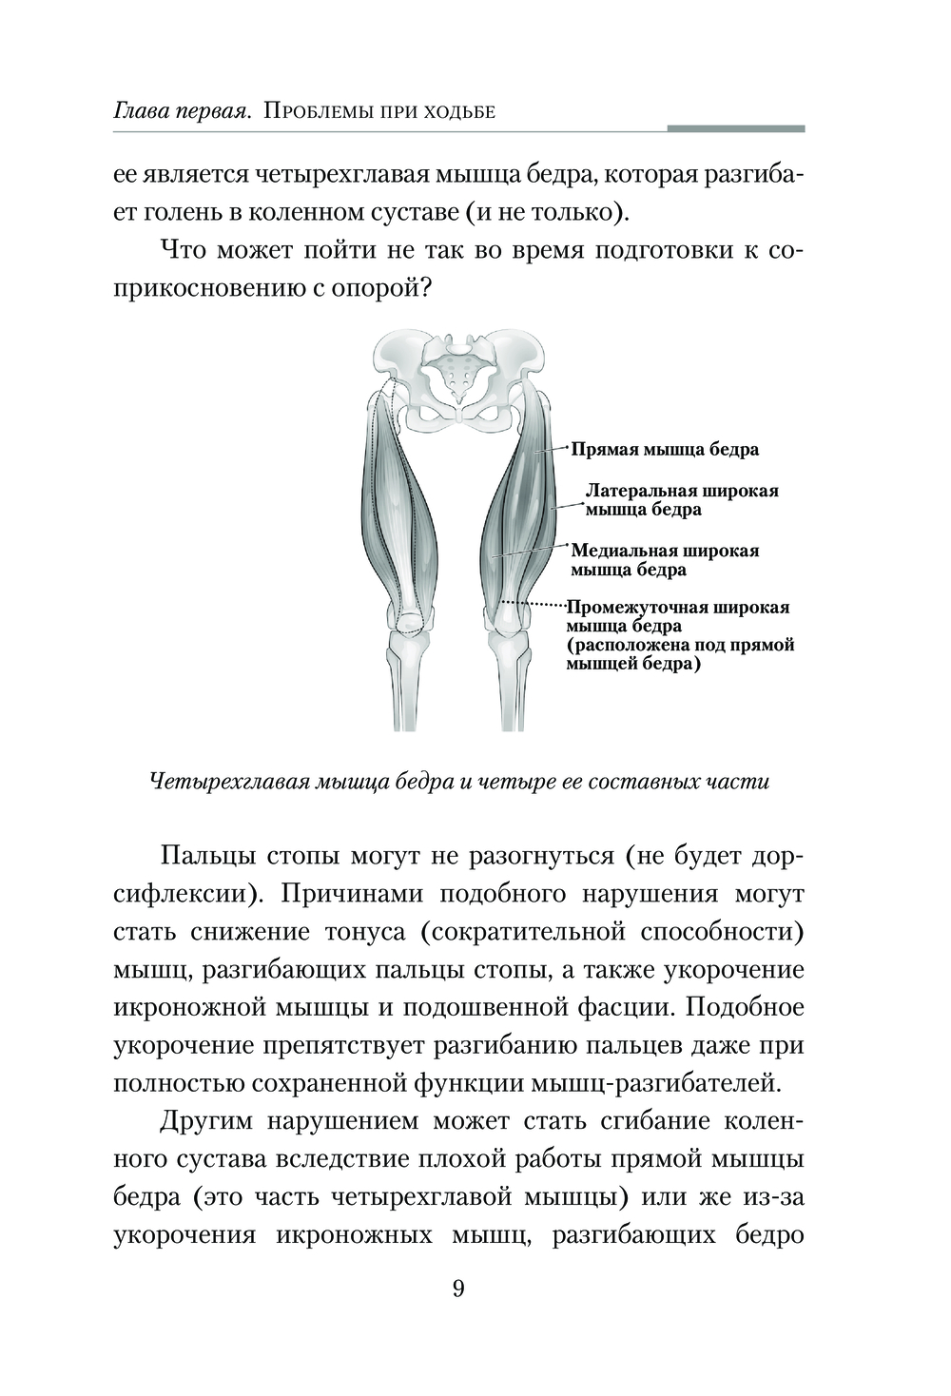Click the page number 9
[x=458, y=1289]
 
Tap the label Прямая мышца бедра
[x=665, y=449]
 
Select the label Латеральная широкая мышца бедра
[x=681, y=500]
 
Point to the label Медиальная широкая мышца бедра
[x=664, y=560]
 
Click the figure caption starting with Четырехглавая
[x=459, y=782]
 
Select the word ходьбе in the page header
[x=460, y=111]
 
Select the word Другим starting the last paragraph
[x=207, y=1121]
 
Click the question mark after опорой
[x=429, y=288]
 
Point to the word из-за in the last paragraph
[x=774, y=1197]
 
